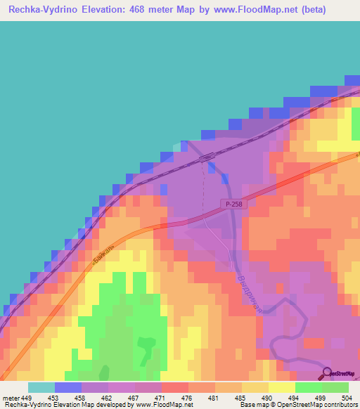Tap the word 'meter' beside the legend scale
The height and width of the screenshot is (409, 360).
[x=11, y=398]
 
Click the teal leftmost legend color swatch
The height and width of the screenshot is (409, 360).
[x=41, y=387]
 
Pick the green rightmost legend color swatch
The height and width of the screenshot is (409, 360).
[x=335, y=387]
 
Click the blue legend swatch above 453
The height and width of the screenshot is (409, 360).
[x=68, y=387]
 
